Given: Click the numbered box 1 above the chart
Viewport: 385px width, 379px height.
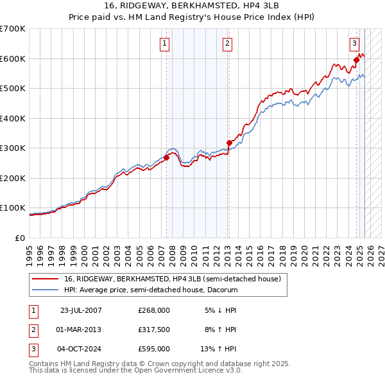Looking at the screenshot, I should pyautogui.click(x=165, y=44).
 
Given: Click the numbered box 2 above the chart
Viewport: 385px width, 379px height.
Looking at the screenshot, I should pyautogui.click(x=228, y=44).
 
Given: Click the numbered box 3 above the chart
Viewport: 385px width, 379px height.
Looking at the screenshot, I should pyautogui.click(x=354, y=44).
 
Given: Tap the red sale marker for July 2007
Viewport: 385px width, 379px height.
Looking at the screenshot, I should pyautogui.click(x=166, y=157).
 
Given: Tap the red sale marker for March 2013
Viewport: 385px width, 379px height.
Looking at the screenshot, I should pyautogui.click(x=228, y=143).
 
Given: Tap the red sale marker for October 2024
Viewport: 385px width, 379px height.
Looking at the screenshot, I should pyautogui.click(x=356, y=61).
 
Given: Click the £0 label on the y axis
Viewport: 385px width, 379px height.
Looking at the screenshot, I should pyautogui.click(x=19, y=238).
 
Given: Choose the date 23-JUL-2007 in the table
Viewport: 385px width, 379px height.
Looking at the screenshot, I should pyautogui.click(x=81, y=310).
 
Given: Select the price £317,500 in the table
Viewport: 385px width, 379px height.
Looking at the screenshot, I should pyautogui.click(x=154, y=330).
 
